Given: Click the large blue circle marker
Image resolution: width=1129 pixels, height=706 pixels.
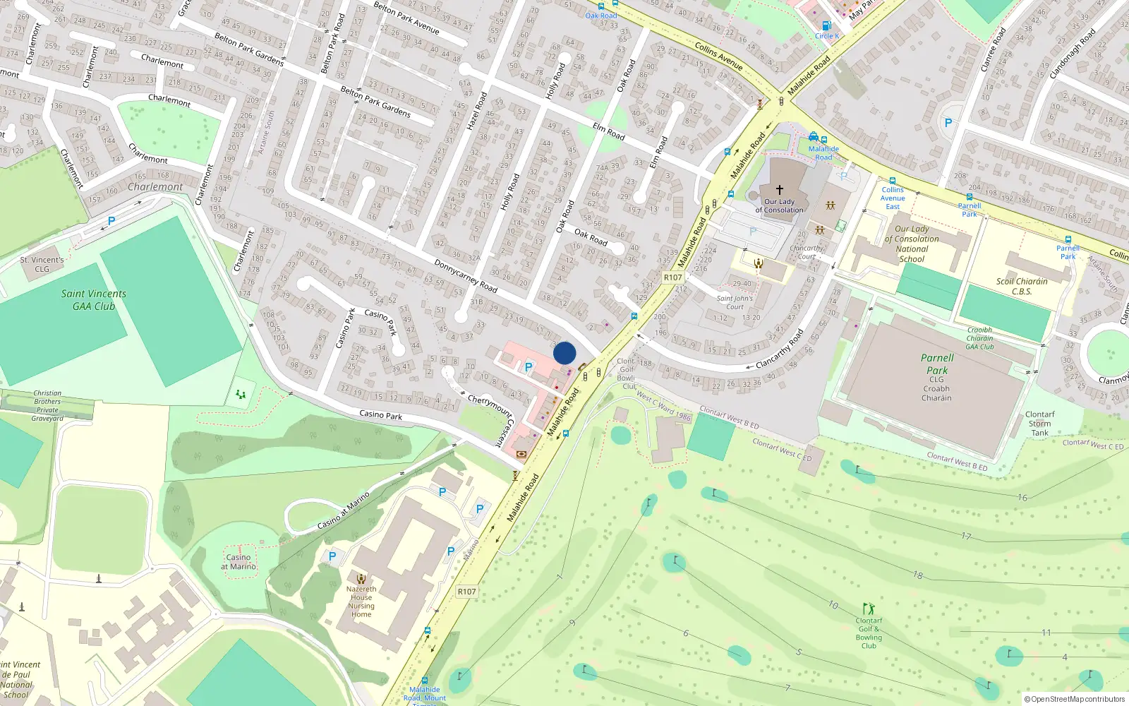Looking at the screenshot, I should [564, 353].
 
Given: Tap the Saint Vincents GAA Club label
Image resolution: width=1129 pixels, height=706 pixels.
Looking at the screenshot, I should [93, 300].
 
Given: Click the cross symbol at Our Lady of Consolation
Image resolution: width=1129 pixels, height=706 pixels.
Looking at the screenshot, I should [780, 190].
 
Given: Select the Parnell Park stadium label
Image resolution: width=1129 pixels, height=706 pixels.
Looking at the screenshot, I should [937, 364].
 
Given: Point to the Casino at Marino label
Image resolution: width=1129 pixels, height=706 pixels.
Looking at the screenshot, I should [239, 562].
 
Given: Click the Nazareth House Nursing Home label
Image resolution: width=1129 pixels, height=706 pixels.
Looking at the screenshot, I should [361, 602].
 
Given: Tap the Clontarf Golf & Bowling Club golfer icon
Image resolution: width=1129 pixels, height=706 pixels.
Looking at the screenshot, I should [869, 609].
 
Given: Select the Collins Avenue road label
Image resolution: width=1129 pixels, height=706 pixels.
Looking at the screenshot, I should [718, 56].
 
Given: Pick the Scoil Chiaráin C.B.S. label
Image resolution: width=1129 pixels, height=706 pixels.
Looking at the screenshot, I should [1022, 286].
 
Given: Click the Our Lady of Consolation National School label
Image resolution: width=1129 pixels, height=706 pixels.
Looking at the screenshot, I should [912, 244].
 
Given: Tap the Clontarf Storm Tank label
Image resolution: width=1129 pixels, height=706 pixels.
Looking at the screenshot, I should [1039, 424].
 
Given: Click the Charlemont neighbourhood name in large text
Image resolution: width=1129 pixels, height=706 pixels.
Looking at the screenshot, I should [155, 187].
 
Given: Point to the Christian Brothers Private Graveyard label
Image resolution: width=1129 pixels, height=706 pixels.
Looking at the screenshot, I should [47, 406].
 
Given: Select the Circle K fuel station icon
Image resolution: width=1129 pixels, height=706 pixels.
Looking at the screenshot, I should [826, 25].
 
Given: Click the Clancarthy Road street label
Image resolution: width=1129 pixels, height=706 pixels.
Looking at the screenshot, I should [780, 349].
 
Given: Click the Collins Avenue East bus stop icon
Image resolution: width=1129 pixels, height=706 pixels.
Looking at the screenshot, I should [893, 181].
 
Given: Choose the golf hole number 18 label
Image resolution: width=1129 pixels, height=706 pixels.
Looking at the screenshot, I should [917, 575].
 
